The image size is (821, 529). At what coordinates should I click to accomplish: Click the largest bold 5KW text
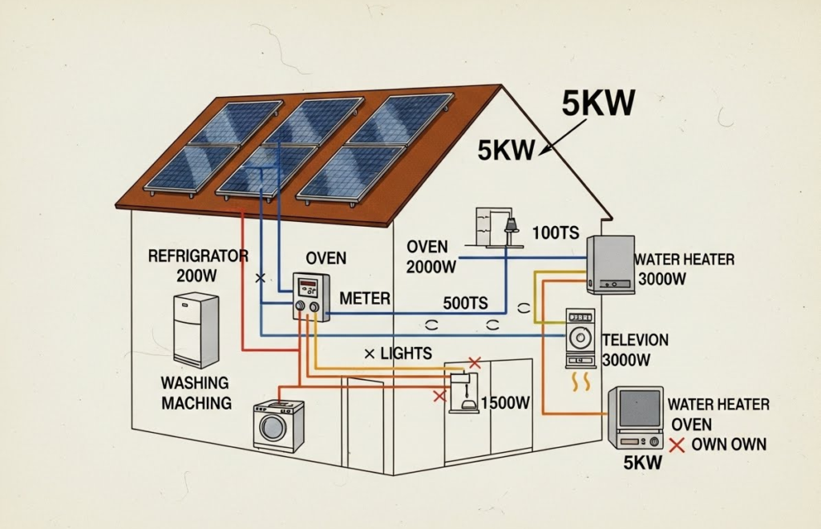click(x=598, y=103)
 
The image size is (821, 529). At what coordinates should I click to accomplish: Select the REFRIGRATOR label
click(x=198, y=256)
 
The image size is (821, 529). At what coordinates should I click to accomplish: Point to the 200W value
click(x=197, y=275)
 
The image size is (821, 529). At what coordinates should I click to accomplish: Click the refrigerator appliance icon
click(x=196, y=329)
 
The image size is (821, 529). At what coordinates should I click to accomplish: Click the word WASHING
click(x=195, y=383)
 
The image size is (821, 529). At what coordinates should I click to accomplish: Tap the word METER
click(x=365, y=298)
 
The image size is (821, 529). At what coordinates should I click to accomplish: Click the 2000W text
click(x=431, y=268)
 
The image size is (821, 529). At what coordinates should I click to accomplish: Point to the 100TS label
click(x=555, y=233)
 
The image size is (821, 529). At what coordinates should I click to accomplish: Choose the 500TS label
click(x=466, y=304)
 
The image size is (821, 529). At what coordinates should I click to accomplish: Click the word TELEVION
click(x=634, y=340)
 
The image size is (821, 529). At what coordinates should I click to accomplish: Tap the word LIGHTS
click(x=406, y=353)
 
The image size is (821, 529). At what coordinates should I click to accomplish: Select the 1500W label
click(x=505, y=403)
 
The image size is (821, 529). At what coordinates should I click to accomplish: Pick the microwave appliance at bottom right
click(x=636, y=418)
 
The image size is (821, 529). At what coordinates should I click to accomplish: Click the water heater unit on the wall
click(x=610, y=264)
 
